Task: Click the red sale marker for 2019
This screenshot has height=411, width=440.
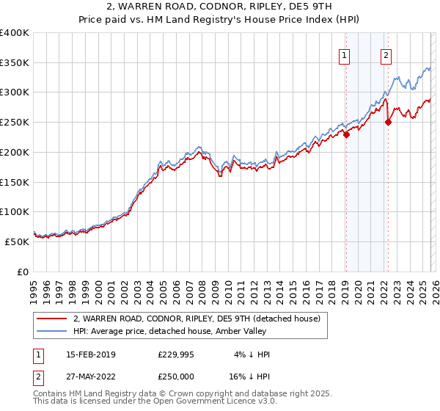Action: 346,134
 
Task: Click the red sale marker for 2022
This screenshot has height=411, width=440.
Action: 388,122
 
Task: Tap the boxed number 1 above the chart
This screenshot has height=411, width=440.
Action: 344,54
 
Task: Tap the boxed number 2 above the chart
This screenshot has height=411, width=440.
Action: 386,54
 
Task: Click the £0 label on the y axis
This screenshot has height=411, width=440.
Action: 23,272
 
